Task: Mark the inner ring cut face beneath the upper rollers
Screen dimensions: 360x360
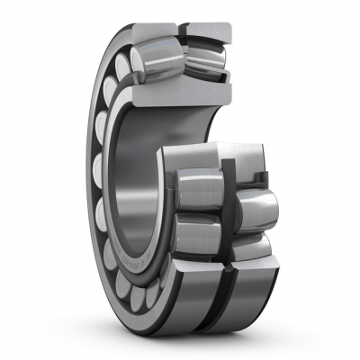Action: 180,92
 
